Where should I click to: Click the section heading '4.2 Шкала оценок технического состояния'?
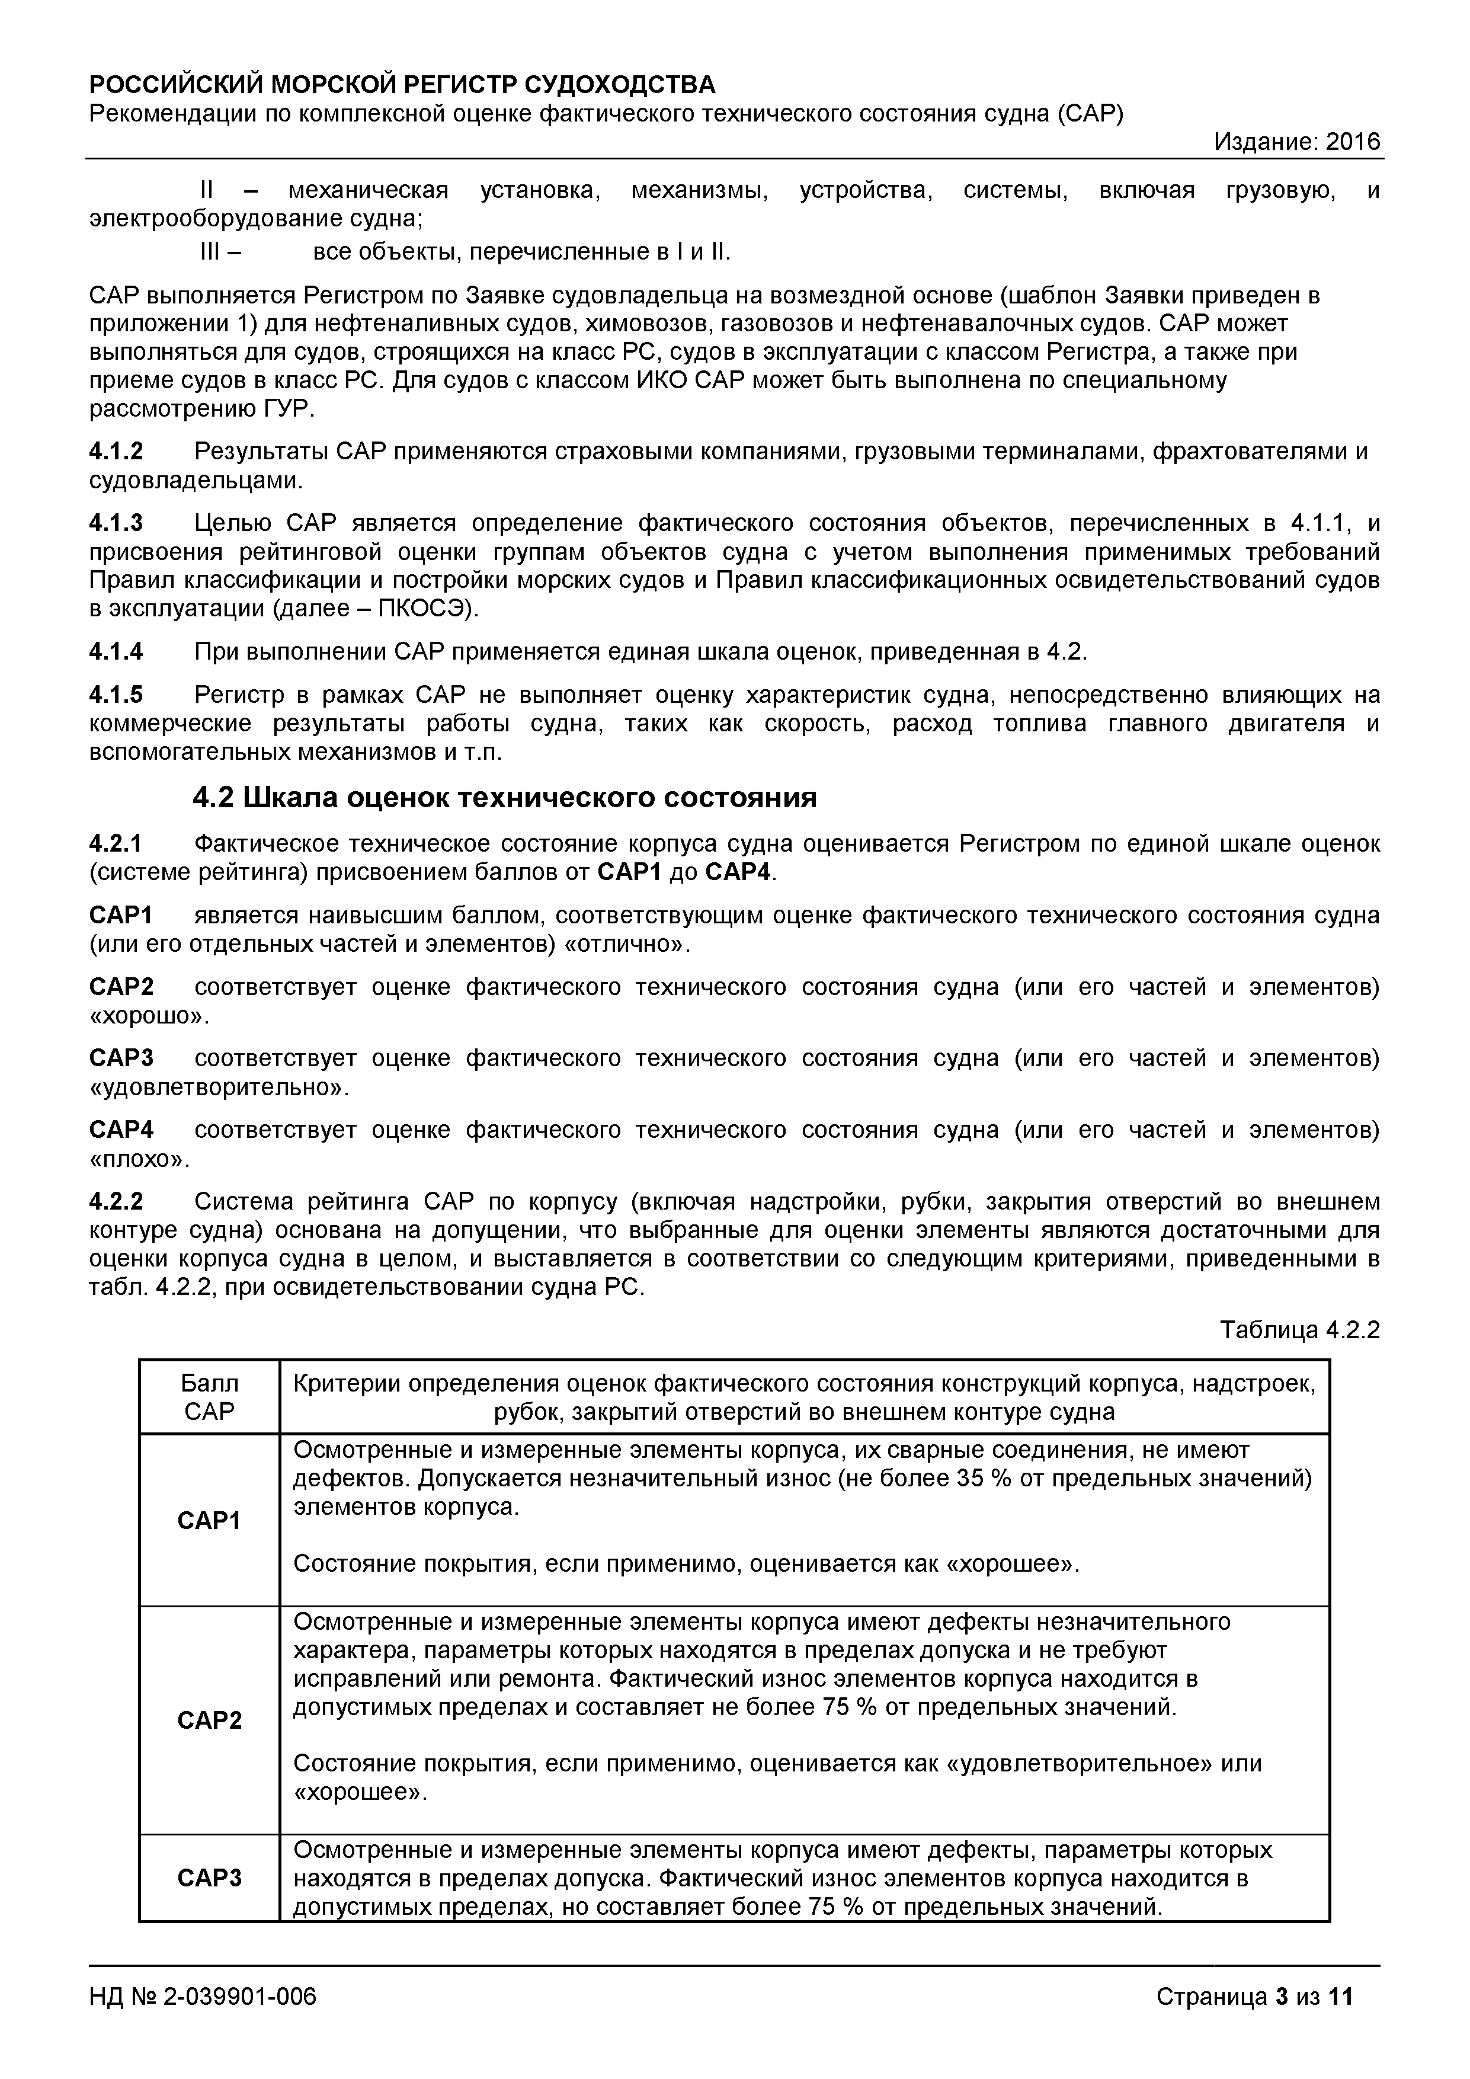click(x=504, y=798)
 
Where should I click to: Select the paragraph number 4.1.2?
click(x=116, y=451)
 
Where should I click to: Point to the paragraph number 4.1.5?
click(x=116, y=695)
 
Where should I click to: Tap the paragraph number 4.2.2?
click(x=116, y=1201)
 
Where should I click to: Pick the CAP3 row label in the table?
click(x=209, y=1878)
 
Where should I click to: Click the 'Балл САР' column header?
click(x=209, y=1397)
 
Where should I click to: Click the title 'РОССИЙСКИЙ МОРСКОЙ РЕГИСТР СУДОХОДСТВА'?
click(x=402, y=85)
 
